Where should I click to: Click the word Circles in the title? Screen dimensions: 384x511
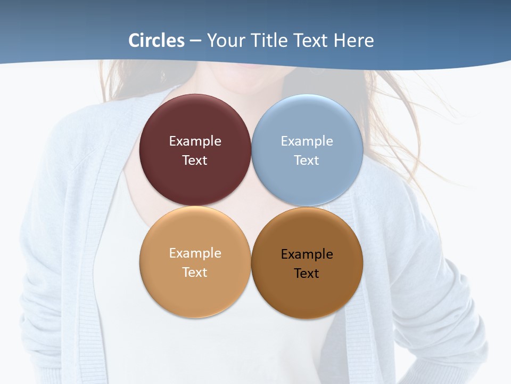pyautogui.click(x=156, y=41)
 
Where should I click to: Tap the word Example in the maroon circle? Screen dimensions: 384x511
pyautogui.click(x=195, y=141)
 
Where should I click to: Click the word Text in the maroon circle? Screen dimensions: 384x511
pyautogui.click(x=195, y=160)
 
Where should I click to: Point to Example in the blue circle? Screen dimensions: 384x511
pyautogui.click(x=307, y=141)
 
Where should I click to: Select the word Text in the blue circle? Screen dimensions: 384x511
pyautogui.click(x=307, y=160)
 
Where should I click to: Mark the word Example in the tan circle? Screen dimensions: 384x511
pyautogui.click(x=195, y=253)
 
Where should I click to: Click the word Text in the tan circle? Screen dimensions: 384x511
pyautogui.click(x=195, y=272)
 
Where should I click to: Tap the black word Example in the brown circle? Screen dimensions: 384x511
pyautogui.click(x=307, y=254)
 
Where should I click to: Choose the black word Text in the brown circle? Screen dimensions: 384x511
pyautogui.click(x=307, y=274)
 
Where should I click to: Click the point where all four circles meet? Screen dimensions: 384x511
pyautogui.click(x=251, y=206)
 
